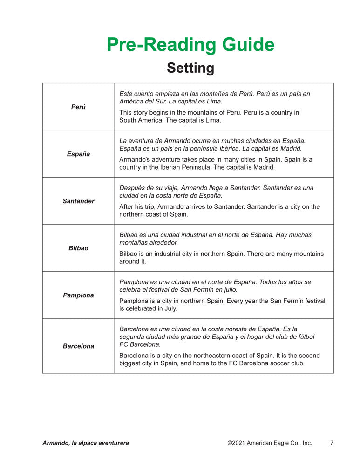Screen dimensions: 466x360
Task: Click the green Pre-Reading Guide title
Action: pos(190,45)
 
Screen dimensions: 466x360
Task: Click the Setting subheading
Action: pos(190,68)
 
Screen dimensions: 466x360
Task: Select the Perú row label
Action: pos(78,107)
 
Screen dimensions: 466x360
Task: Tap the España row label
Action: pos(78,154)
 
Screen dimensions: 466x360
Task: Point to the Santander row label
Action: pos(78,201)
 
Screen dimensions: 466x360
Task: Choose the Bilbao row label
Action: pos(78,248)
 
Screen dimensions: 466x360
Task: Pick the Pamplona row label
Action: pos(78,295)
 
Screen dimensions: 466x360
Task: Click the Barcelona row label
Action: pos(78,346)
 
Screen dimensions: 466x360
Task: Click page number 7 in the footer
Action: pos(332,443)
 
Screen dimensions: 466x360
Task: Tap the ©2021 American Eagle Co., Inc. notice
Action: pos(270,443)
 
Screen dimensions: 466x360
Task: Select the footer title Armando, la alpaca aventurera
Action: pos(86,443)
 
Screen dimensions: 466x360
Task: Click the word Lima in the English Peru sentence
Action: pos(213,120)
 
